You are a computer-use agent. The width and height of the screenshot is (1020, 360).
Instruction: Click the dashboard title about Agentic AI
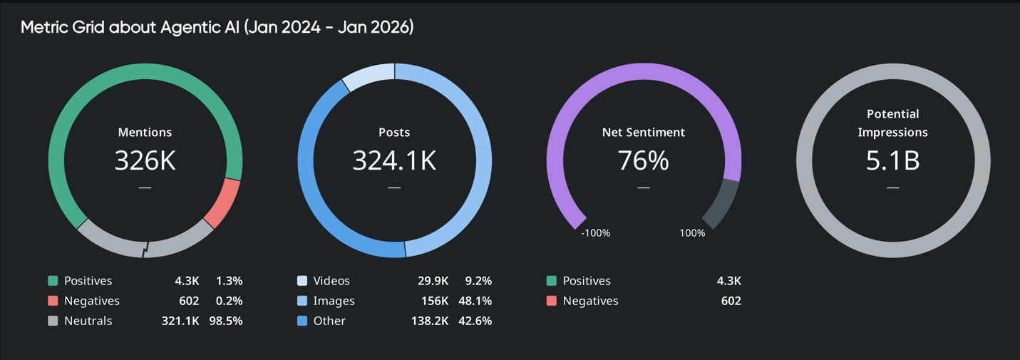point(217,27)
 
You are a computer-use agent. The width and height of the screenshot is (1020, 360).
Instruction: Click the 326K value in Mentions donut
point(145,161)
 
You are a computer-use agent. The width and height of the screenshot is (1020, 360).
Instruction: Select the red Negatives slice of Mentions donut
point(222,202)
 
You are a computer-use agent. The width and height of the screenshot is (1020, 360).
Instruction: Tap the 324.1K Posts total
point(394,161)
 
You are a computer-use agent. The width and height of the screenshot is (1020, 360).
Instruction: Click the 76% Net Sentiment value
point(643,161)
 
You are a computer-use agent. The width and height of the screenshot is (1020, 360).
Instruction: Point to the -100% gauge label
point(595,233)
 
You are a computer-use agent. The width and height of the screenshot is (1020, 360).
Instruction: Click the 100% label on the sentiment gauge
point(692,233)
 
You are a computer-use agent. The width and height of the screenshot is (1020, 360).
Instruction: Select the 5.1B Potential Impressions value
point(892,161)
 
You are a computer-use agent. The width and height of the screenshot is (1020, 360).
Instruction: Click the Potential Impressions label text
point(892,123)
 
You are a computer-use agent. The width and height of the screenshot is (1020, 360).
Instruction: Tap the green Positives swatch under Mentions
point(53,281)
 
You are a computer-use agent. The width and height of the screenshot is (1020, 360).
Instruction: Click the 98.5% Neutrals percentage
point(226,321)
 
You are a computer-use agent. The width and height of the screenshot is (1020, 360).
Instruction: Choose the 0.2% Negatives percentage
point(230,301)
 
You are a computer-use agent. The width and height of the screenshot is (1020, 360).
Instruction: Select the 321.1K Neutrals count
point(180,321)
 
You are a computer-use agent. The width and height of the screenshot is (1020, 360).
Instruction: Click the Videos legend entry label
point(331,281)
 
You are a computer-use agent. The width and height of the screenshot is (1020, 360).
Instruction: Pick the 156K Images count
point(433,301)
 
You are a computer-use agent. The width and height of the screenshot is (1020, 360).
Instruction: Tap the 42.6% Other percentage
point(475,321)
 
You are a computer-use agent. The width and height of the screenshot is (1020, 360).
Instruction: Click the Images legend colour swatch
point(302,301)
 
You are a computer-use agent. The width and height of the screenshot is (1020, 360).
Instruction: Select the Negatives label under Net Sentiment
point(590,301)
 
